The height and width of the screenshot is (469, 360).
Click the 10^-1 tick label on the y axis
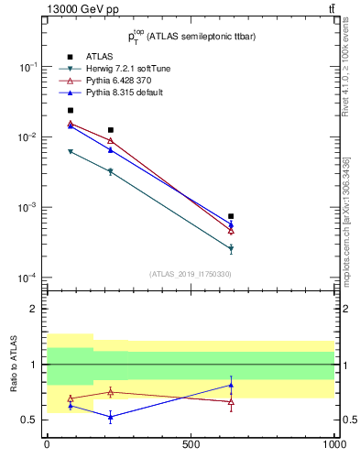coord(28,67)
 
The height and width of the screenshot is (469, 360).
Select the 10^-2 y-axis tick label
coord(28,137)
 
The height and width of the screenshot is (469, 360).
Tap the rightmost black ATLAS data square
coord(231,216)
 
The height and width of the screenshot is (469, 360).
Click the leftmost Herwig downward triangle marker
coord(71,151)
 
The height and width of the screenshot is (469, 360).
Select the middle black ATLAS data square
coord(111,130)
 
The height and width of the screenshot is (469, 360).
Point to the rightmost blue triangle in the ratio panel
coord(231,385)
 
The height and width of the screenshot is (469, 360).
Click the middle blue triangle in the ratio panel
coord(111,417)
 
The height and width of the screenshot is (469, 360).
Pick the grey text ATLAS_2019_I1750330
coord(190,273)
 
